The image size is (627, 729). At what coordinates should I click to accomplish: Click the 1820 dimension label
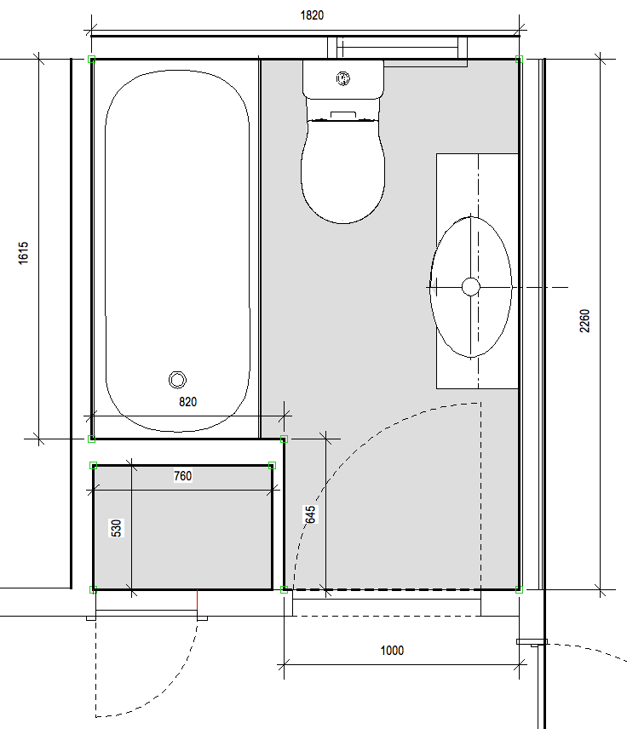click(312, 15)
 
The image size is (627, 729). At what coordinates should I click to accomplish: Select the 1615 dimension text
click(23, 253)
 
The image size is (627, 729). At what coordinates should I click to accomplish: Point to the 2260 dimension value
click(584, 321)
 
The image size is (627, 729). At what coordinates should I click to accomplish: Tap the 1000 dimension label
click(392, 651)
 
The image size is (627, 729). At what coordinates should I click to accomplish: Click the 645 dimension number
click(310, 514)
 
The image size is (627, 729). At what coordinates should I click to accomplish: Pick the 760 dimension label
click(183, 476)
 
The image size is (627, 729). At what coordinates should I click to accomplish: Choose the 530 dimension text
click(116, 528)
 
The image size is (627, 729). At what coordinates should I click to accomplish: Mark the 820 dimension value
click(188, 402)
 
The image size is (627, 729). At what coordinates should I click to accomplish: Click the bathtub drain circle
click(177, 380)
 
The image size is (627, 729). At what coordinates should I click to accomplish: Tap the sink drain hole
click(471, 287)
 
